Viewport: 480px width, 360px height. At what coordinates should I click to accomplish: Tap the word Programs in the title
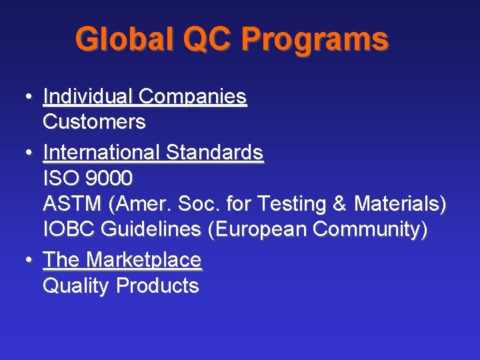tap(315, 41)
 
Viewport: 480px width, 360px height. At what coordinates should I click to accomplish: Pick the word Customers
tap(94, 122)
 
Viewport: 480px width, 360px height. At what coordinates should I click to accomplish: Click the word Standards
tap(214, 153)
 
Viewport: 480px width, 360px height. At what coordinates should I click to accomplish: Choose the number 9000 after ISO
tap(109, 178)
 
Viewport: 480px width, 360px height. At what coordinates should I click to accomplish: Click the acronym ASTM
tap(69, 203)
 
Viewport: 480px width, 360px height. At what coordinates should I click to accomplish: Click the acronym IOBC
tap(69, 229)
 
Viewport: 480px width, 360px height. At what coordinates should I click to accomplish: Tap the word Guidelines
tap(151, 229)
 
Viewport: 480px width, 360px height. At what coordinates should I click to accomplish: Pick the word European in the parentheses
tap(260, 230)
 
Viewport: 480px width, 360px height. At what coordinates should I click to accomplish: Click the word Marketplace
tap(144, 260)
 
